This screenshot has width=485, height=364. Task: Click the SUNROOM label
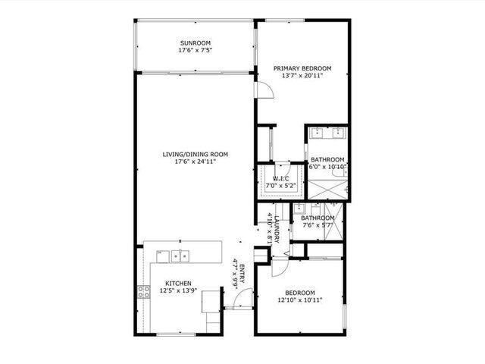pyautogui.click(x=195, y=42)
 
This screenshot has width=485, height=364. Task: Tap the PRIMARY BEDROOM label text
pyautogui.click(x=302, y=67)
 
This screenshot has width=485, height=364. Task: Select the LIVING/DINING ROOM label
pyautogui.click(x=195, y=154)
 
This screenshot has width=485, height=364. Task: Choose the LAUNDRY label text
pyautogui.click(x=278, y=228)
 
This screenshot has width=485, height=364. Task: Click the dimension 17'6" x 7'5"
pyautogui.click(x=195, y=51)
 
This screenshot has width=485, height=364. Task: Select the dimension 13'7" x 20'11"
pyautogui.click(x=302, y=76)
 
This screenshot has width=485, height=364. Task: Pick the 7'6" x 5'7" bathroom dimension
pyautogui.click(x=317, y=225)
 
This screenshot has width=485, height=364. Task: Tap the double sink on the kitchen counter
pyautogui.click(x=180, y=255)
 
